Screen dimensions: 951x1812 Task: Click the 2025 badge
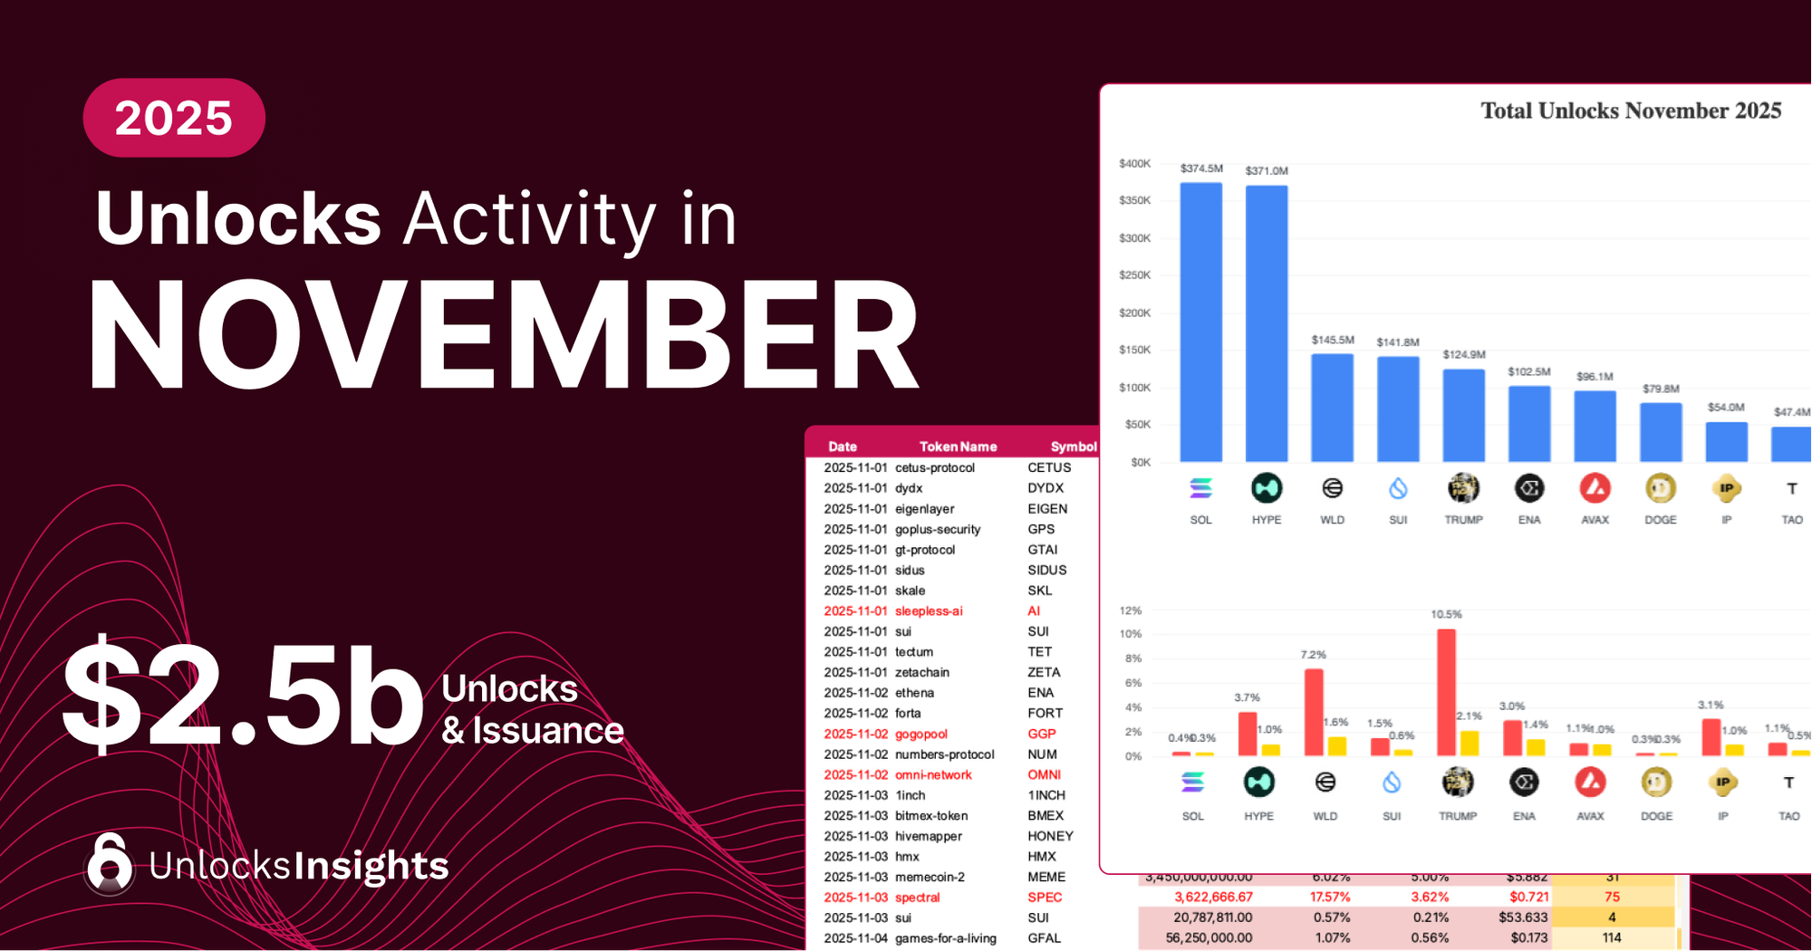(x=174, y=118)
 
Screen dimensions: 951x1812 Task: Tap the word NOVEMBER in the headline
(x=503, y=337)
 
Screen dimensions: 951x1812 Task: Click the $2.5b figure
(x=243, y=696)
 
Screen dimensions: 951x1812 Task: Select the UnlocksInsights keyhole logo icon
(x=110, y=864)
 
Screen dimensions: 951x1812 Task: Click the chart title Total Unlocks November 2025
(x=1631, y=110)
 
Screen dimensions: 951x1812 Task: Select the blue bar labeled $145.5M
(x=1333, y=408)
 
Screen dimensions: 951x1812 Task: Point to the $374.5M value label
(x=1201, y=168)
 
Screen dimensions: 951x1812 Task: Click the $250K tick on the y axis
(x=1134, y=275)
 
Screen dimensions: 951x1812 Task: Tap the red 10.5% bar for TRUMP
(x=1446, y=693)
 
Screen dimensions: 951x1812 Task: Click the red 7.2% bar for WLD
(x=1314, y=713)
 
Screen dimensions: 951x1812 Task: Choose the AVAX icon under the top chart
(x=1595, y=489)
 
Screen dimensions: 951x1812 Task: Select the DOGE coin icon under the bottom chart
(x=1656, y=782)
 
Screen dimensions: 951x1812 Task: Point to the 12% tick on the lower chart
(x=1131, y=611)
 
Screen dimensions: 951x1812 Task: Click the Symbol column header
(x=1074, y=447)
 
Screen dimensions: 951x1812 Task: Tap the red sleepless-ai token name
(x=929, y=611)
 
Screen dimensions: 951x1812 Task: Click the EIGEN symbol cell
(x=1047, y=509)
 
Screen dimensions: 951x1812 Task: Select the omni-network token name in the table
(x=933, y=775)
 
